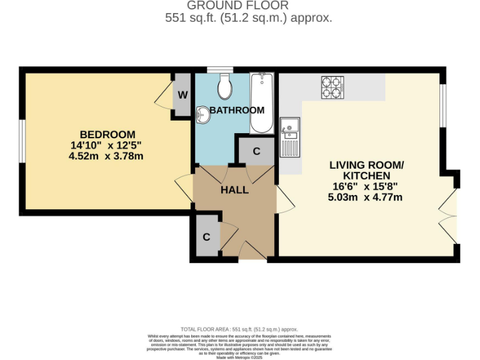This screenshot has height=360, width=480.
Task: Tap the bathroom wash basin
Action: (x=202, y=114)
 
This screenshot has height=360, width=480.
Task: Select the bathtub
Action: (x=261, y=103)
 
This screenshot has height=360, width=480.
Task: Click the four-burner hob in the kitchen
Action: (x=332, y=87)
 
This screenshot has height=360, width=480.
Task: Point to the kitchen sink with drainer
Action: (x=290, y=137)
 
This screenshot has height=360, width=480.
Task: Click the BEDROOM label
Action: (x=107, y=134)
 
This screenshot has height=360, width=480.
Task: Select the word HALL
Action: (x=234, y=189)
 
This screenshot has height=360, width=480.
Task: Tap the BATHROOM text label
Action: (x=237, y=110)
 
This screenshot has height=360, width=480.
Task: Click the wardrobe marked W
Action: (x=182, y=95)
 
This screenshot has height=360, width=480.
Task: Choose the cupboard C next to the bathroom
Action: (x=257, y=151)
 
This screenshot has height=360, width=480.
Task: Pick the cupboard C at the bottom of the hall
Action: (x=206, y=237)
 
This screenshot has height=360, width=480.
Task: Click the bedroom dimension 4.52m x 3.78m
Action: (x=106, y=156)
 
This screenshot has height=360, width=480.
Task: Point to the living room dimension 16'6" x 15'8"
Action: (x=366, y=186)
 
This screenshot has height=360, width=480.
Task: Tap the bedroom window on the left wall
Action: (x=21, y=141)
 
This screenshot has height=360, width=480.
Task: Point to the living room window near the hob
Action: (x=442, y=104)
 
